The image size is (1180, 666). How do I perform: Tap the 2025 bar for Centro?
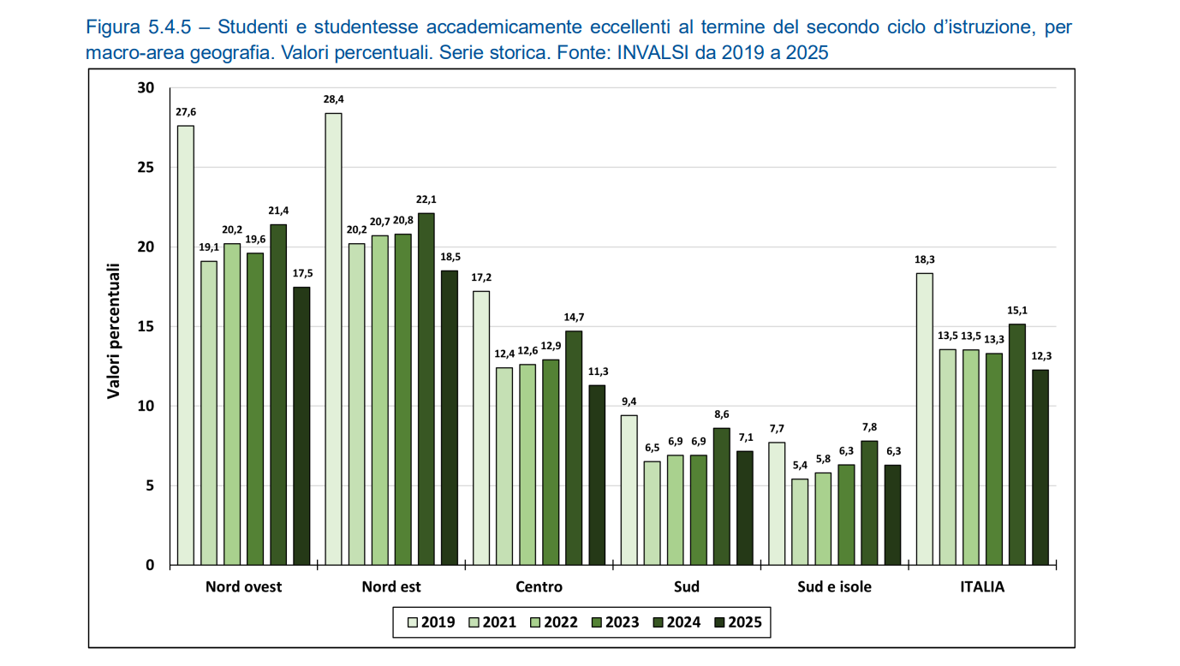point(597,475)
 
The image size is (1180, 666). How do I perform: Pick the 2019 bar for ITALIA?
point(925,419)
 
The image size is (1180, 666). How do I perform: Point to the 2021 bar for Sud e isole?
point(799,521)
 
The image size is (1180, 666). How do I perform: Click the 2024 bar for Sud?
point(722,497)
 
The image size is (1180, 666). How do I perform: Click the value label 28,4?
point(333,99)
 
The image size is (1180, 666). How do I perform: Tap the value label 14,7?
point(574,317)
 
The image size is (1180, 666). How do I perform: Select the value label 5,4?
point(799,465)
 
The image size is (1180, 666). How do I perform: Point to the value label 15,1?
point(1017,310)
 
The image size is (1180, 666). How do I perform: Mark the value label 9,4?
point(629,401)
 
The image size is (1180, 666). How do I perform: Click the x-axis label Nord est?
point(391,587)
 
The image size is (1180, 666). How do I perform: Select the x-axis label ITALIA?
point(982,587)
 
